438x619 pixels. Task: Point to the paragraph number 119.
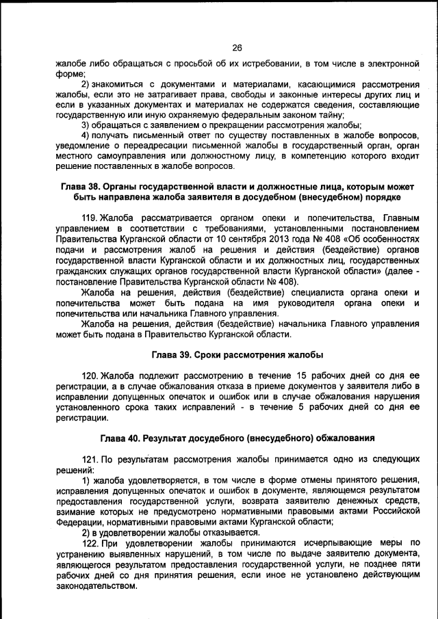pos(90,218)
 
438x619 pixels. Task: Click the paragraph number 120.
pos(90,376)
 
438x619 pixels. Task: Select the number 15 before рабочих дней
pos(305,376)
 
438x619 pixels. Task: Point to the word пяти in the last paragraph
pos(408,565)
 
